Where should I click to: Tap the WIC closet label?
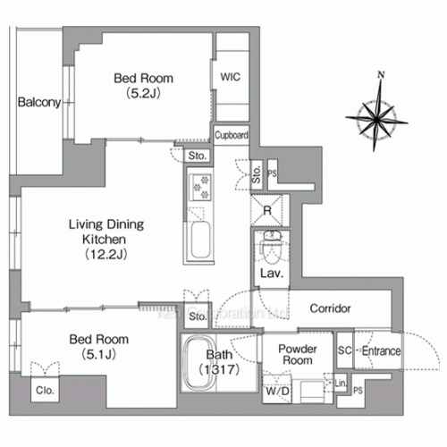(230, 78)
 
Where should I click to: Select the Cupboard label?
(231, 135)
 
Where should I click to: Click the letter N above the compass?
(382, 74)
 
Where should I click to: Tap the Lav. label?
(272, 274)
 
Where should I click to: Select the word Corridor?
(330, 308)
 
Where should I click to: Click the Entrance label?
(382, 351)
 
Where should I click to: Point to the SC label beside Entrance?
(343, 351)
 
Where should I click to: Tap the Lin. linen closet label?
(340, 384)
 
